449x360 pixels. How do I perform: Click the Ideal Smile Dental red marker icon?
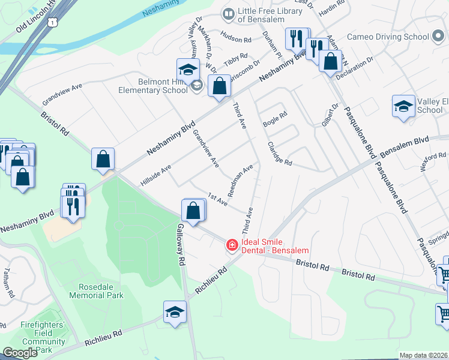[232, 245]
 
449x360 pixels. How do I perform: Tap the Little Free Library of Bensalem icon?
[228, 13]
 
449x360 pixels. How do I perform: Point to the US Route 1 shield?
[53, 22]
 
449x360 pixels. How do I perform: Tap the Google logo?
[20, 353]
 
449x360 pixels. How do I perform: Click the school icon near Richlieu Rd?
[175, 311]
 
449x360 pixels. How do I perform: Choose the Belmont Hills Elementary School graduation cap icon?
[188, 69]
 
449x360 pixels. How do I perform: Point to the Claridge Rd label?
[279, 154]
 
